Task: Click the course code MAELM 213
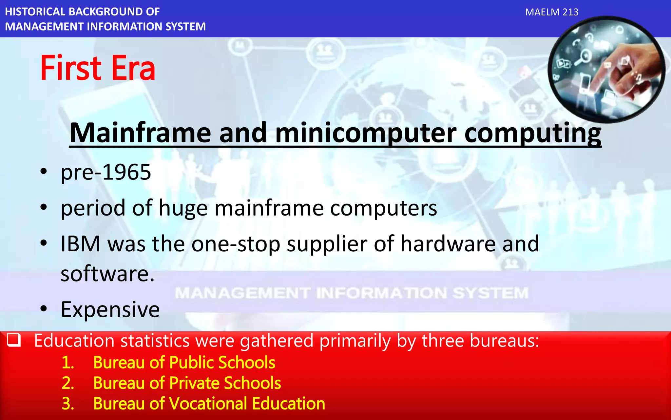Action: (552, 12)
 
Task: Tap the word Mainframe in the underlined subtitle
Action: (140, 133)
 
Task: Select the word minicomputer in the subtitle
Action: (366, 133)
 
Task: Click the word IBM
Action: (81, 244)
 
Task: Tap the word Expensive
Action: (110, 309)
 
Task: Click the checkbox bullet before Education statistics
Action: (14, 340)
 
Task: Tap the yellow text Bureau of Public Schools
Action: (184, 363)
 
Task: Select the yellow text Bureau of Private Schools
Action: (187, 383)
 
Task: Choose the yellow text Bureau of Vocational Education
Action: (209, 404)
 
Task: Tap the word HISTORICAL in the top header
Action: (35, 12)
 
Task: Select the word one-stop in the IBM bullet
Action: (236, 244)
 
